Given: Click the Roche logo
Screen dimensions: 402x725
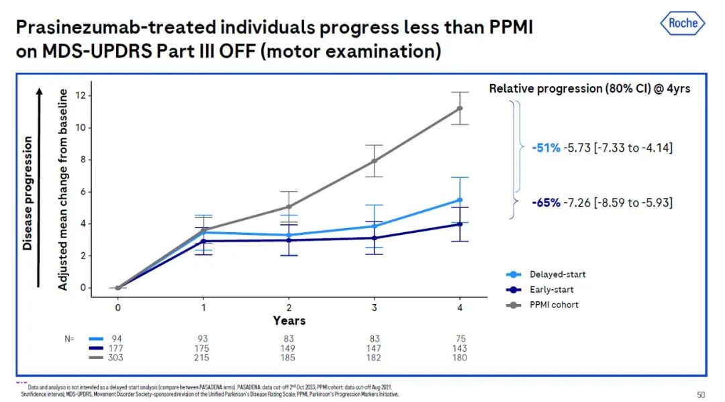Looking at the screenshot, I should tap(683, 23).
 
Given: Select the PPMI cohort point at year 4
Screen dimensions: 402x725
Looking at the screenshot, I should tap(460, 108).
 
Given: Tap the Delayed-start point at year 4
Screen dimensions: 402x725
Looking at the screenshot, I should tap(460, 199).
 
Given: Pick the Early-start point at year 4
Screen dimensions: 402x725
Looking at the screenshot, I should tap(460, 224).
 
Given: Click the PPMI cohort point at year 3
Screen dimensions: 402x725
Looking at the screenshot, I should tap(374, 160).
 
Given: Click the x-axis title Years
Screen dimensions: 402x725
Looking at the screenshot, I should tap(289, 321).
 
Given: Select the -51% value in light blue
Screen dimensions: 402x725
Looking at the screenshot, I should tap(545, 148).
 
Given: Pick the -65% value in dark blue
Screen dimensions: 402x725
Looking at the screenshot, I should tap(545, 202).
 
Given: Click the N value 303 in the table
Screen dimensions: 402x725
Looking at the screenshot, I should tap(117, 358).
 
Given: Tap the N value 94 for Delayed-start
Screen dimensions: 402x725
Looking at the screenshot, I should tap(117, 339).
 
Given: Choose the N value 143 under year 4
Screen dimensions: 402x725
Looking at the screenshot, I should tap(460, 348).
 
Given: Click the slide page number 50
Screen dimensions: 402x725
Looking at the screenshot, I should tap(701, 394).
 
